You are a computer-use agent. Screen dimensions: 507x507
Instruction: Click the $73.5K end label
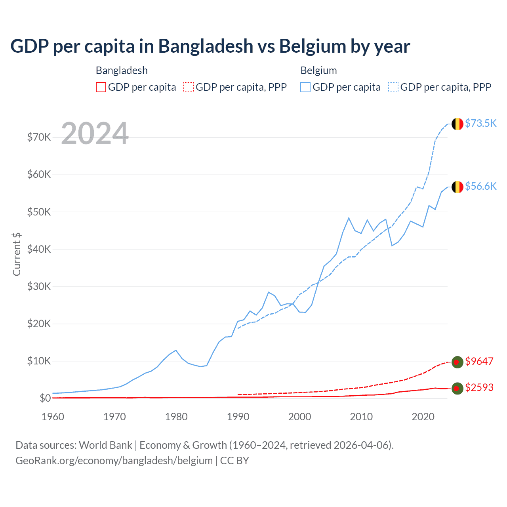(x=480, y=123)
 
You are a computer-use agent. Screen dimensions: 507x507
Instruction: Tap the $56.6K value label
(x=480, y=186)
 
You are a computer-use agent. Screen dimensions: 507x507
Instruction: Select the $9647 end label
(x=479, y=361)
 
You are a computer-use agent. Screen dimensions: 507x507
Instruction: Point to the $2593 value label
(x=479, y=387)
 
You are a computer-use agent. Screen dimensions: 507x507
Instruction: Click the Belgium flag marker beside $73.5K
(x=457, y=124)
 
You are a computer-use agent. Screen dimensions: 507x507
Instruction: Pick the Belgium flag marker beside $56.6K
(x=457, y=187)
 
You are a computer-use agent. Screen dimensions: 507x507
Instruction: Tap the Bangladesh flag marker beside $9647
(x=457, y=362)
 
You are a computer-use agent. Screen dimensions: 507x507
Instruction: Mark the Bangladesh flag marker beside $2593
(x=457, y=389)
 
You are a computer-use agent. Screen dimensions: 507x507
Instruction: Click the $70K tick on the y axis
(x=39, y=137)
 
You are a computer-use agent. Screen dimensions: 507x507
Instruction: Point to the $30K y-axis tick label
(x=39, y=286)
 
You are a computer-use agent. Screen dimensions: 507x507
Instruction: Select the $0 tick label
(x=45, y=398)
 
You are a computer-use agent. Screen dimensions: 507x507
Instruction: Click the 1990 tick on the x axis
(x=238, y=417)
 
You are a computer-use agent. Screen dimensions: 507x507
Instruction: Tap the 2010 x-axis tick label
(x=361, y=417)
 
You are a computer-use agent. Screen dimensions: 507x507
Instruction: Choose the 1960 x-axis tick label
(x=53, y=417)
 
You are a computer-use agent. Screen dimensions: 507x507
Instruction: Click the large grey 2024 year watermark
(x=95, y=133)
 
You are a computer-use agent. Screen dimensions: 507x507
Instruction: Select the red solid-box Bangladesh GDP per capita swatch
(x=101, y=87)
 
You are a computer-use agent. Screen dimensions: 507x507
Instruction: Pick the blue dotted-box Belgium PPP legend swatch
(x=393, y=87)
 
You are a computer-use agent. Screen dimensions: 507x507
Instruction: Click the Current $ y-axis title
(x=17, y=254)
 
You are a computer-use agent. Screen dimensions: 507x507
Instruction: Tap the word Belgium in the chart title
(x=313, y=46)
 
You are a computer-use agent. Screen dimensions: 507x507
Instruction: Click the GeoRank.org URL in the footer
(x=114, y=461)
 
